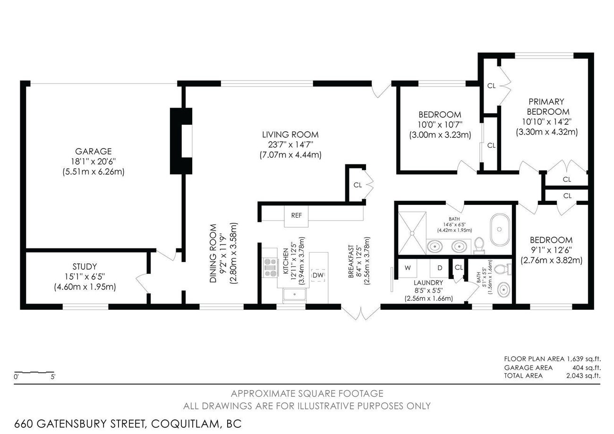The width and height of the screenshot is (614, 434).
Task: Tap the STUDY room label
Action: click(x=85, y=266)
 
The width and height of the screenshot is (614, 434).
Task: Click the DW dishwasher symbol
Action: click(x=318, y=275)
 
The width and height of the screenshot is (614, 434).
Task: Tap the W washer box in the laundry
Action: click(x=408, y=268)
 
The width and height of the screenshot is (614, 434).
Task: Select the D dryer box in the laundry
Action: click(x=439, y=268)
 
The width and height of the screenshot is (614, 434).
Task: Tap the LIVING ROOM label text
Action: click(x=290, y=135)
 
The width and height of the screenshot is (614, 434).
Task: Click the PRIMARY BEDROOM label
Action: click(x=547, y=107)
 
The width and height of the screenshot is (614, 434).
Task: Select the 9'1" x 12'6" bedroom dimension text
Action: click(x=551, y=260)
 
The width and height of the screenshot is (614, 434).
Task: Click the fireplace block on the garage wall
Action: click(x=181, y=141)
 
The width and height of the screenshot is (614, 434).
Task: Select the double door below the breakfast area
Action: click(x=361, y=313)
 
